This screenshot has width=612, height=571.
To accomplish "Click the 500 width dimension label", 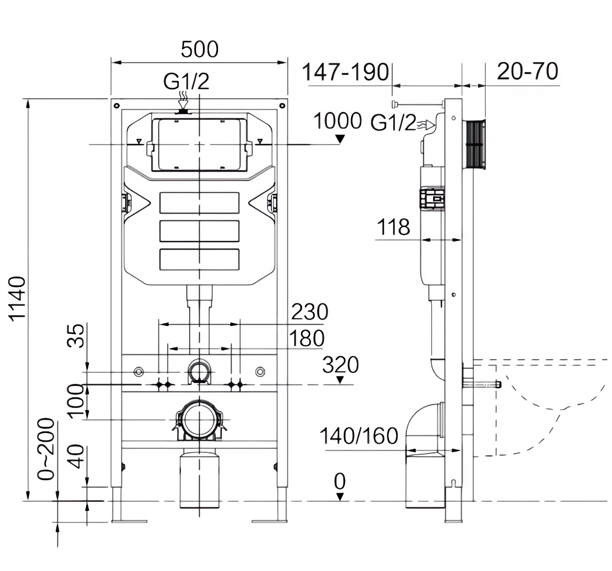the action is pyautogui.click(x=200, y=49).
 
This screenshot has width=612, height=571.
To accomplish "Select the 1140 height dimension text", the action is pyautogui.click(x=17, y=299).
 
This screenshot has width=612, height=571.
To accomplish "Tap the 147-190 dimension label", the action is pyautogui.click(x=346, y=72).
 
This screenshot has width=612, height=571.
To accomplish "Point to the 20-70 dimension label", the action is pyautogui.click(x=528, y=71).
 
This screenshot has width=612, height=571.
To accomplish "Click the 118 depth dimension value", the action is pyautogui.click(x=394, y=227).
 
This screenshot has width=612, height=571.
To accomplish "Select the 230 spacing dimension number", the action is pyautogui.click(x=310, y=311).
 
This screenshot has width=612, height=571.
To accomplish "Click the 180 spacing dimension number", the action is pyautogui.click(x=306, y=338).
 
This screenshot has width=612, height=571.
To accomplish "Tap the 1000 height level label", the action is pyautogui.click(x=338, y=121).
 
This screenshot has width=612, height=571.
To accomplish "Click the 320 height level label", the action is pyautogui.click(x=340, y=365).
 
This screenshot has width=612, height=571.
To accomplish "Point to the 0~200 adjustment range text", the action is pyautogui.click(x=46, y=449).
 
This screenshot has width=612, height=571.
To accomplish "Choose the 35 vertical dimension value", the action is pyautogui.click(x=75, y=336).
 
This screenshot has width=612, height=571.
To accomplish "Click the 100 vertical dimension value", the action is pyautogui.click(x=75, y=401).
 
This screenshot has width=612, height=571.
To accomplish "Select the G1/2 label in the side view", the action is pyautogui.click(x=393, y=122).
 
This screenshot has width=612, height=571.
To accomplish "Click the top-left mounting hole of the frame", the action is pyautogui.click(x=116, y=106).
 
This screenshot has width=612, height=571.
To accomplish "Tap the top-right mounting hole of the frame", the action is pyautogui.click(x=282, y=106).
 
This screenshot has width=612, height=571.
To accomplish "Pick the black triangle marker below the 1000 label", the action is pyautogui.click(x=339, y=139).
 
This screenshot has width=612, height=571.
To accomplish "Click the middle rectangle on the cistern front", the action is pyautogui.click(x=200, y=231).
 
